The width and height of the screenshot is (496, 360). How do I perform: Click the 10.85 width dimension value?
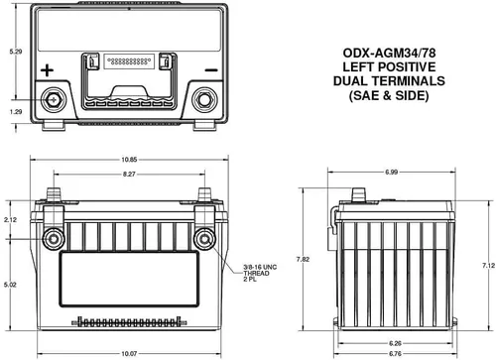(129, 160)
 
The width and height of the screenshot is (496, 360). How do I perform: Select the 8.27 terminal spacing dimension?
(129, 174)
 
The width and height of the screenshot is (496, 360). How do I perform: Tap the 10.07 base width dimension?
(129, 354)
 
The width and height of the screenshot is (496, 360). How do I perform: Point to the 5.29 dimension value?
(16, 52)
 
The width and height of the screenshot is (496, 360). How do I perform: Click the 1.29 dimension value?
(16, 112)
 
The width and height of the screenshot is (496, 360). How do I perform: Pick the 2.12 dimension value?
(10, 219)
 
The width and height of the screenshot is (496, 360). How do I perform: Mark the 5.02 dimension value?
(10, 285)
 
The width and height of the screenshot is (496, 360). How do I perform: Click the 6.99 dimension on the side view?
(392, 172)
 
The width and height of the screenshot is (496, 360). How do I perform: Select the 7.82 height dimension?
(303, 259)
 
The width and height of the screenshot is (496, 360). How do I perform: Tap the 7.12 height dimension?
(488, 265)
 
